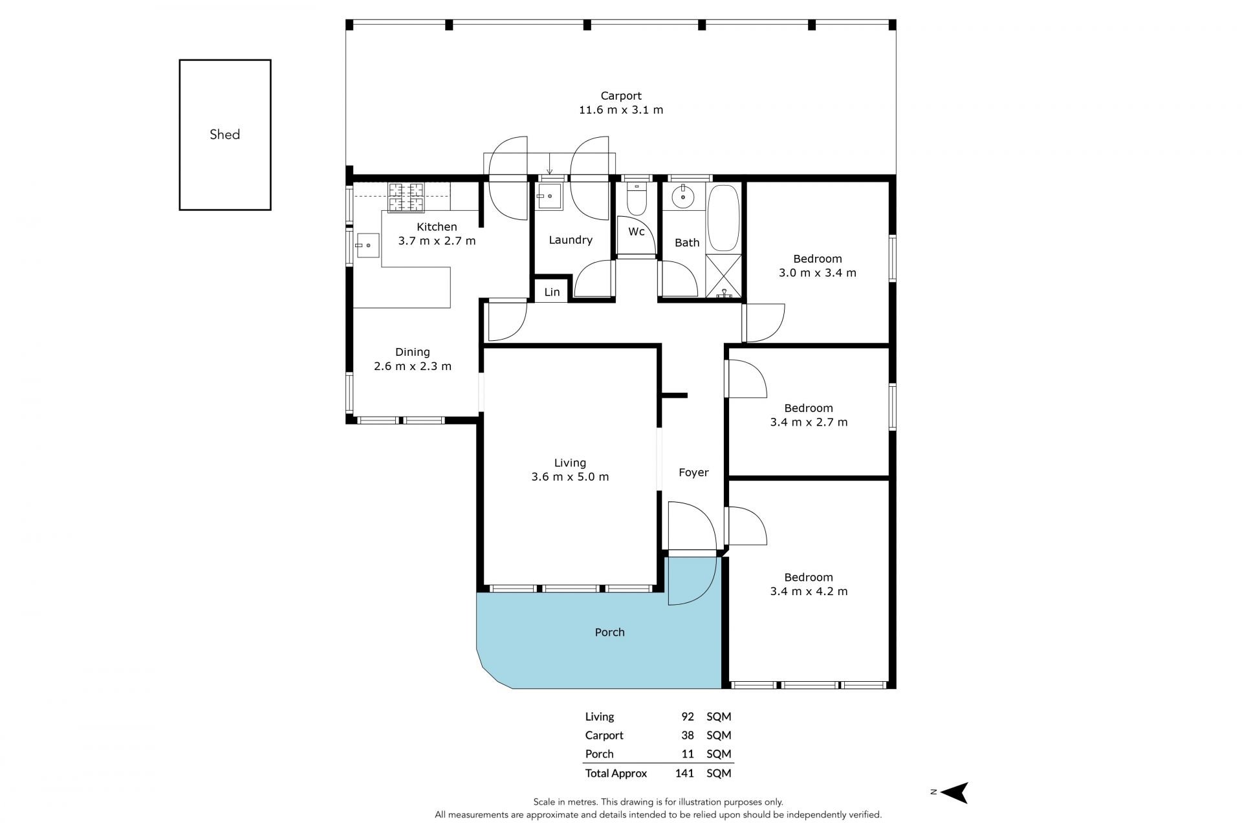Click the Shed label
(x=224, y=135)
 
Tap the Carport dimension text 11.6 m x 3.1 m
(x=621, y=110)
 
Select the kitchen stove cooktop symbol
(x=406, y=197)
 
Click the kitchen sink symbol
(x=366, y=245)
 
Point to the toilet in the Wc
(x=637, y=201)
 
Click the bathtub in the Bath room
(x=723, y=219)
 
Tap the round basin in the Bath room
(x=682, y=197)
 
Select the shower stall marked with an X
(x=723, y=278)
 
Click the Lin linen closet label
(x=552, y=292)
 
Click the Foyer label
(x=693, y=473)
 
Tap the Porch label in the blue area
(x=610, y=633)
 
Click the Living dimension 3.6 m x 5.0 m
(x=570, y=477)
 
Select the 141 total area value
(x=684, y=773)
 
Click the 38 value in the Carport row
(x=687, y=735)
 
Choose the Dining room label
(x=413, y=353)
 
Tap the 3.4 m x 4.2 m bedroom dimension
(x=809, y=591)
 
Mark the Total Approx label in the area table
(x=616, y=774)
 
